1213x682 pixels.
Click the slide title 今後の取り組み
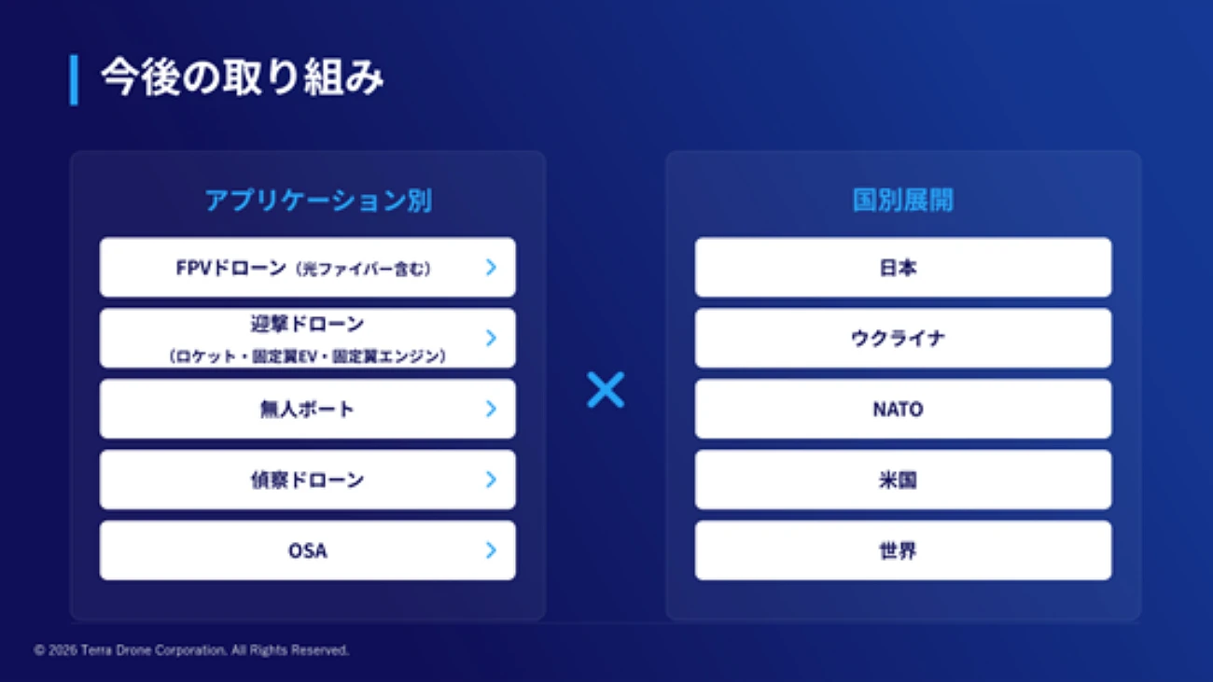[x=242, y=77]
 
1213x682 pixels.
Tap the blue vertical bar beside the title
[x=74, y=79]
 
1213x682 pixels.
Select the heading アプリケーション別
[x=318, y=201]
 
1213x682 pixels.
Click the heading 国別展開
[x=902, y=201]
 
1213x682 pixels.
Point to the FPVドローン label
[x=231, y=268]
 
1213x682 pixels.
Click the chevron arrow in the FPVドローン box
[x=491, y=267]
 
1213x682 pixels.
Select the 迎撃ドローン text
[x=307, y=325]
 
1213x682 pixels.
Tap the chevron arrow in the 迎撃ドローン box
[x=491, y=338]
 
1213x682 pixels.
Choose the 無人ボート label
[x=307, y=410]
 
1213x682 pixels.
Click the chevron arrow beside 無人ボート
[x=491, y=409]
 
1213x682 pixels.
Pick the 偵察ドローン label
[x=307, y=480]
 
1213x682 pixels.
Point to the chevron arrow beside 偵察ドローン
[x=491, y=480]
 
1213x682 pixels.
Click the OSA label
[x=308, y=551]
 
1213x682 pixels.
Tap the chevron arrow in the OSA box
[x=491, y=550]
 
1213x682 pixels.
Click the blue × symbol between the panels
[x=606, y=390]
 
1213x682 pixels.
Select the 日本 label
[x=898, y=268]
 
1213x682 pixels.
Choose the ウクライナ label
[x=898, y=339]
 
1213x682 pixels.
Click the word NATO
[x=898, y=410]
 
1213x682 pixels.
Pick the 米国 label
[x=898, y=480]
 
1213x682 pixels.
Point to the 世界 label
[x=898, y=551]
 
